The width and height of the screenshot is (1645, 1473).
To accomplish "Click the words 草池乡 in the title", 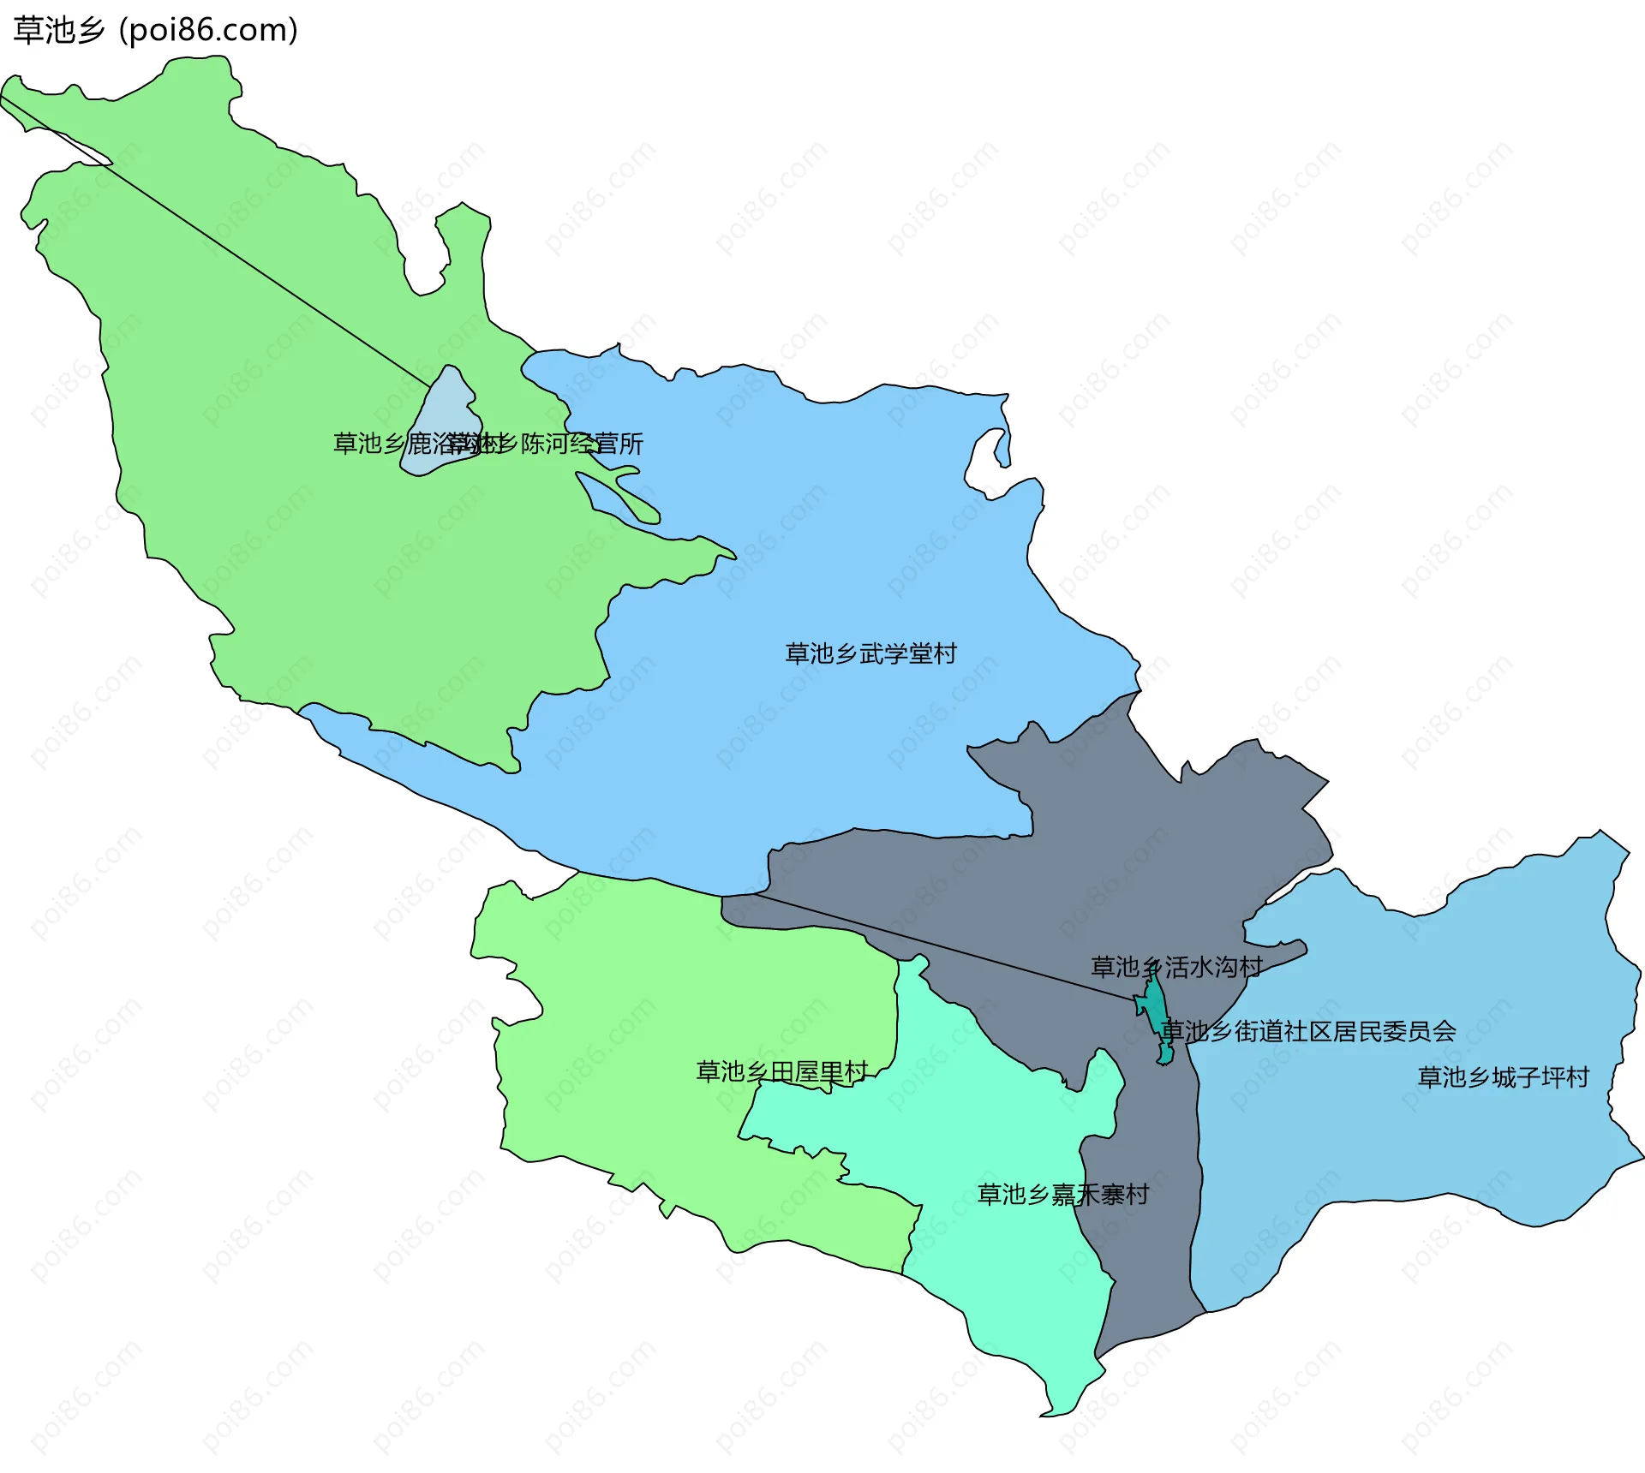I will [x=58, y=31].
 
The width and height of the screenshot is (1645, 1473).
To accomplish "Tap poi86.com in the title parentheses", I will [x=208, y=31].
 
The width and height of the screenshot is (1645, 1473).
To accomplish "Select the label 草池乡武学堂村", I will [x=870, y=653].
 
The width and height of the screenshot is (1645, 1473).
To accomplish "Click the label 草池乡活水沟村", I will [x=1175, y=967].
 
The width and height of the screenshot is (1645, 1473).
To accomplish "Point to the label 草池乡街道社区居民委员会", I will [x=1308, y=1031].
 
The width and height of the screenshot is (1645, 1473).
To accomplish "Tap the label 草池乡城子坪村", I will [x=1504, y=1076].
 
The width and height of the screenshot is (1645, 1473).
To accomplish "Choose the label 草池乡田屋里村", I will [x=781, y=1071].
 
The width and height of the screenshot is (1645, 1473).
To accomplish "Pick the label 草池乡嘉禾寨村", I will [x=1062, y=1195].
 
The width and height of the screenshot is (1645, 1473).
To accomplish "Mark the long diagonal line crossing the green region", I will [x=214, y=240].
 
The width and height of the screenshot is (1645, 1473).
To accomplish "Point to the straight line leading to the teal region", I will [x=942, y=947].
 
